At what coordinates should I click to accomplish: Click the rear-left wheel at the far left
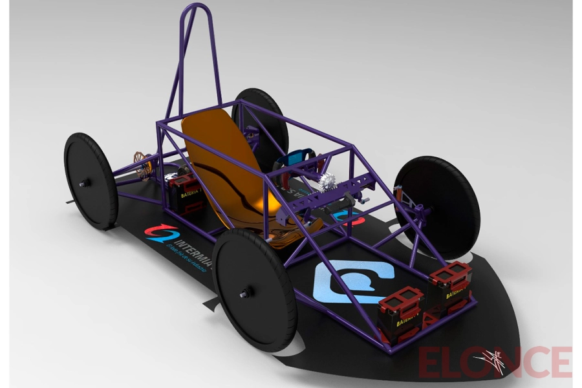pyautogui.click(x=91, y=180)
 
